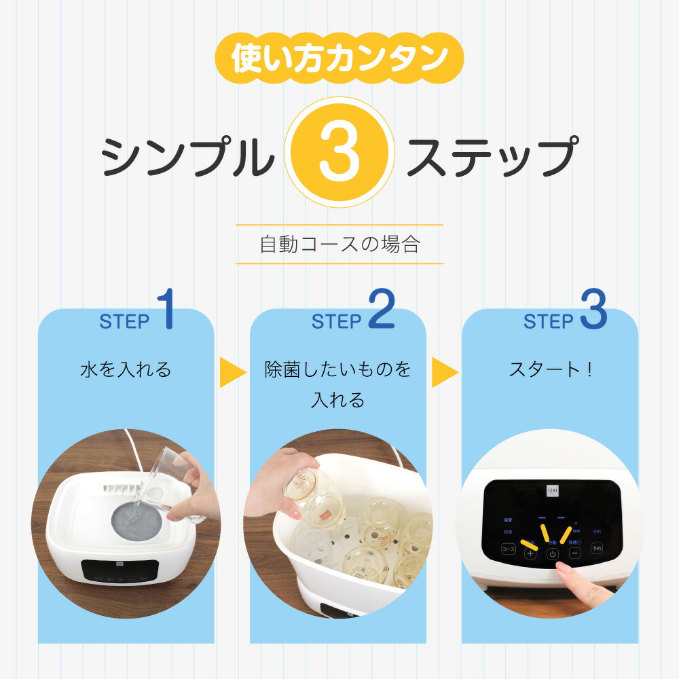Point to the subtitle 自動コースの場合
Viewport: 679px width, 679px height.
pyautogui.click(x=339, y=244)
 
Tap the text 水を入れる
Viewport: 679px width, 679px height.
pyautogui.click(x=126, y=370)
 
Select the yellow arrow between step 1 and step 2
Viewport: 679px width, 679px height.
pyautogui.click(x=232, y=373)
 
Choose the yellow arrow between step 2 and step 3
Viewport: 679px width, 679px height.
pyautogui.click(x=445, y=373)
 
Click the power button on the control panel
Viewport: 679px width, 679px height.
pyautogui.click(x=553, y=553)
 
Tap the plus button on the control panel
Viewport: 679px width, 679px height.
pyautogui.click(x=530, y=553)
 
